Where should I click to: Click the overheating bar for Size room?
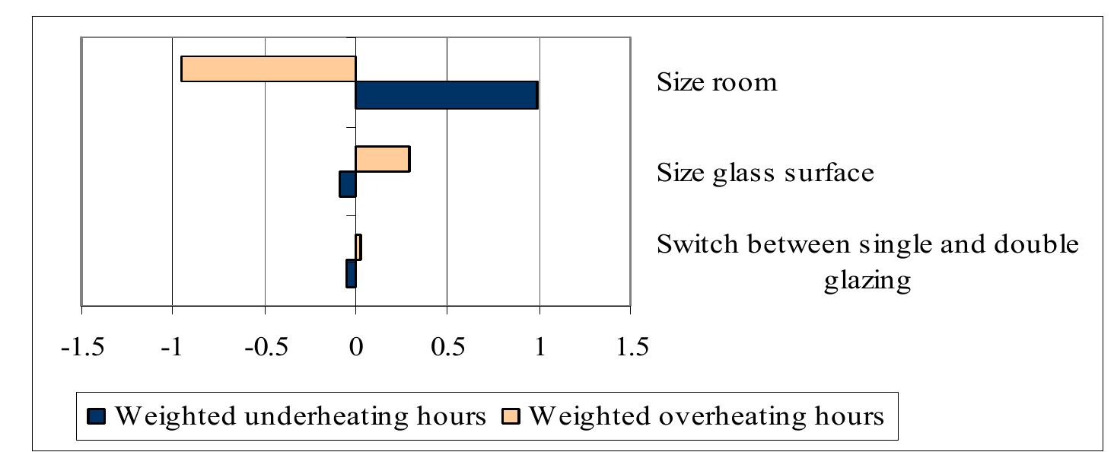268,69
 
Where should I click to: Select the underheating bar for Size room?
447,95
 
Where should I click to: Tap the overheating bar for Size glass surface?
382,159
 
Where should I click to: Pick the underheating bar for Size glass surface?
348,184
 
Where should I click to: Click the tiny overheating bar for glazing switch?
358,247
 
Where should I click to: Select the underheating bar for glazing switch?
351,273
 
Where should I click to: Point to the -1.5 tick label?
81,347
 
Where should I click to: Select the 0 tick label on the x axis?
355,347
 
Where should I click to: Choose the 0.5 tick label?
447,347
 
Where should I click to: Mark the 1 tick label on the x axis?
539,347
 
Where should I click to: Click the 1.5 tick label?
631,347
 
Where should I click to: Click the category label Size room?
717,82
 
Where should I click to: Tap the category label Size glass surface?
765,173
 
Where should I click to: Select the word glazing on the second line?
867,281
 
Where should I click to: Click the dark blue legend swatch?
97,416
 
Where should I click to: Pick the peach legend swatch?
509,416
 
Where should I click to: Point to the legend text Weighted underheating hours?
300,416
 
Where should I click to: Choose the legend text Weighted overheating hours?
705,416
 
